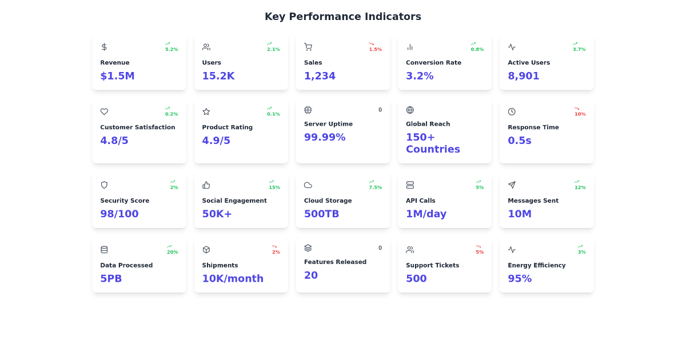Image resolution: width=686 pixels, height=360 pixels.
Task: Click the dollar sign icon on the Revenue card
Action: pos(104,47)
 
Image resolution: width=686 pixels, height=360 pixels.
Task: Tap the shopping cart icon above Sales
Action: pos(308,47)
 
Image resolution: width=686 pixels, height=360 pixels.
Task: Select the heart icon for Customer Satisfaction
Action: pos(104,111)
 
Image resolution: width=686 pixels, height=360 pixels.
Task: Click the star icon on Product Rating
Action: pos(206,111)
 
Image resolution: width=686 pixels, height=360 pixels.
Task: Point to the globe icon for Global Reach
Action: pos(410,110)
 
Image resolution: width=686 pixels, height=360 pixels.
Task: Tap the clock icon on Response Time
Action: pos(512,111)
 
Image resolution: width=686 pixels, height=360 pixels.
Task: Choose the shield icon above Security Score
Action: pos(104,185)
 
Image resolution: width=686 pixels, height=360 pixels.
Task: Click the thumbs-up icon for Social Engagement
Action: pos(206,185)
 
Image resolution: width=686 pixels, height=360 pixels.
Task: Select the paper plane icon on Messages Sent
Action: pos(512,185)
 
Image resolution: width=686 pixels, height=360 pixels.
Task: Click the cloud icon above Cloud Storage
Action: pos(308,185)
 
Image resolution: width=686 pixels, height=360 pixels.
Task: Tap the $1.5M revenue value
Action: pos(117,75)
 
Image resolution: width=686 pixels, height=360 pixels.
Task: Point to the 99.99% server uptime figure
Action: pos(325,137)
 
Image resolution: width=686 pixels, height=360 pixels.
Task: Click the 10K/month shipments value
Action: pos(233,278)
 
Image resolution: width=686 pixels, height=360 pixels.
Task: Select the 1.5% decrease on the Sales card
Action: pos(376,49)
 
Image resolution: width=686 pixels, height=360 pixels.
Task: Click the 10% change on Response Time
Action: pos(580,114)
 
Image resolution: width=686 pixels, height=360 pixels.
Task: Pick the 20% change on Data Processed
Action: pos(173,252)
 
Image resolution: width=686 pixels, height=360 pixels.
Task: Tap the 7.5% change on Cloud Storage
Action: pos(376,187)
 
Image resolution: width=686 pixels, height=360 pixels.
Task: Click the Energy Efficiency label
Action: pos(537,265)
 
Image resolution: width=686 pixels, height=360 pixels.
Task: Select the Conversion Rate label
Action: pos(433,62)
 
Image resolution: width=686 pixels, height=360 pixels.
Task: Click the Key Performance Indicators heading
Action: pos(343,17)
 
